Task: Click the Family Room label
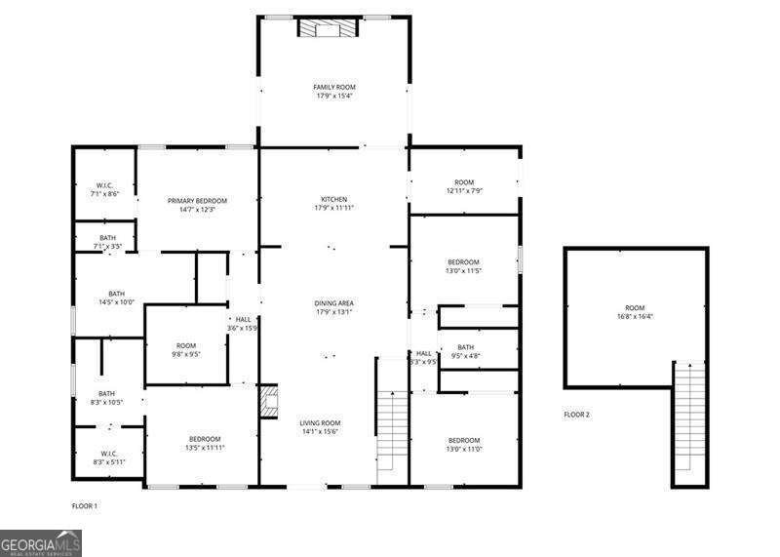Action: [333, 91]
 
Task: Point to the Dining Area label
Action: [333, 307]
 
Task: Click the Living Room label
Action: [321, 426]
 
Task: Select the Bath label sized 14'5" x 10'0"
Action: [117, 298]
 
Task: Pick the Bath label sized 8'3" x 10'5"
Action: [106, 397]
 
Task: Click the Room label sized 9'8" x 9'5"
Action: [186, 349]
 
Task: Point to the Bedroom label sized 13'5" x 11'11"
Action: [205, 443]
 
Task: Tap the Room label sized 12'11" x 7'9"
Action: [463, 186]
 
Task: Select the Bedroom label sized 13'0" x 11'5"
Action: [463, 265]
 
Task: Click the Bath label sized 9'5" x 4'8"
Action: [465, 351]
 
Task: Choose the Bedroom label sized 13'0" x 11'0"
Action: [464, 444]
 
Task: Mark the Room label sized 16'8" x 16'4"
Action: [635, 311]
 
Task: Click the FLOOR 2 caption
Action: [576, 415]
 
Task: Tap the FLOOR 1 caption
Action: [85, 506]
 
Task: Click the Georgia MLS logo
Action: [41, 542]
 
